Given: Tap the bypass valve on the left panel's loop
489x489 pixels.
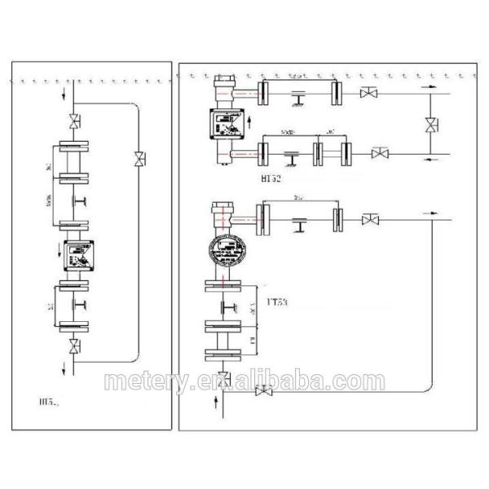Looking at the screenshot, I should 139,156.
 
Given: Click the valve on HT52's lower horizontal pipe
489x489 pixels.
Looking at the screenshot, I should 380,152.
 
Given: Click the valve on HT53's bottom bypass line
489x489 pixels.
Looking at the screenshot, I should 263,392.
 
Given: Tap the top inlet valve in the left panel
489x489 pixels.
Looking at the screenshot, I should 75,125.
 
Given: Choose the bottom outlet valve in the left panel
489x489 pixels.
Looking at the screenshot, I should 75,347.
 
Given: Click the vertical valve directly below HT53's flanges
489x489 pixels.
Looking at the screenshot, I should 224,377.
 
